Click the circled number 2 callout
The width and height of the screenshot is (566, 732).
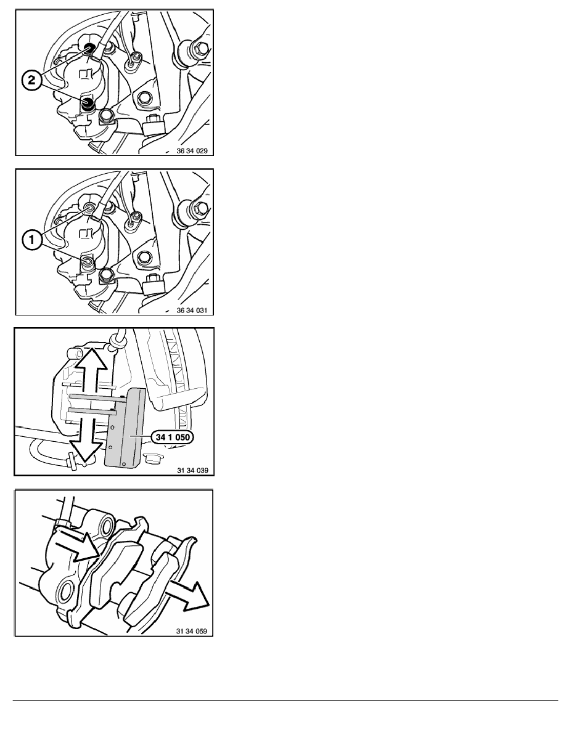point(31,80)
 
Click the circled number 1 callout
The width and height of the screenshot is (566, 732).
point(31,240)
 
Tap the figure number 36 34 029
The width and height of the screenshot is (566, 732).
point(192,151)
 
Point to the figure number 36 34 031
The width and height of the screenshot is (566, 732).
point(192,311)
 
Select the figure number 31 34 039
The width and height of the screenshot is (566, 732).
point(192,470)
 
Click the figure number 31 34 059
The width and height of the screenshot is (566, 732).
point(192,631)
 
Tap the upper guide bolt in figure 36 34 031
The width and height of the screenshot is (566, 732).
point(89,207)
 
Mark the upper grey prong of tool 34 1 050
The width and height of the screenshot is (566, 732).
point(96,397)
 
